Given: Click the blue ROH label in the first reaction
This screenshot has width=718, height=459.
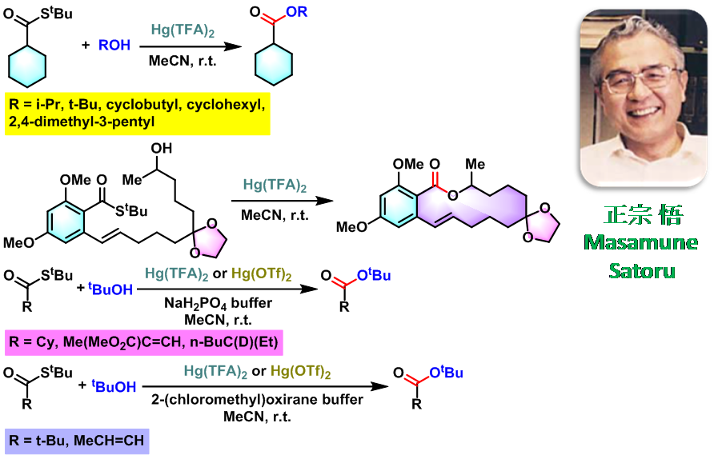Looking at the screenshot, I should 114,46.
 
